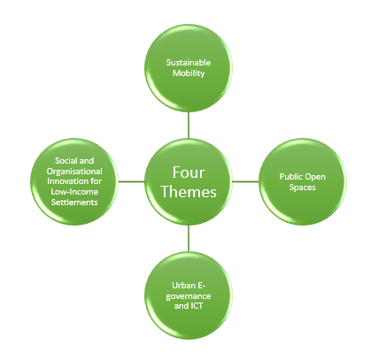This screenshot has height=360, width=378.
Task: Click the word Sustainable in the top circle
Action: tap(189, 63)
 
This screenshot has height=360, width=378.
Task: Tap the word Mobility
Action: tap(189, 73)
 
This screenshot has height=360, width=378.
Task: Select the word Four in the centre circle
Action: tap(189, 172)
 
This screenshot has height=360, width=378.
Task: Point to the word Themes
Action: tap(189, 192)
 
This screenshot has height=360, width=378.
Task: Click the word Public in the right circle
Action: tap(288, 177)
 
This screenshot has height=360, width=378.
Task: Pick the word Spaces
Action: tap(303, 188)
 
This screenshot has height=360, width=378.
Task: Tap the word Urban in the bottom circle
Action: tap(180, 286)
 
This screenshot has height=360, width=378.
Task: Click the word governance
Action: tap(189, 296)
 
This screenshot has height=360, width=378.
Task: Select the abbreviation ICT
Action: tap(197, 306)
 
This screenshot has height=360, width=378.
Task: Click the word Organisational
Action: tap(74, 172)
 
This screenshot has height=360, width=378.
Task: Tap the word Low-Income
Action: tap(74, 192)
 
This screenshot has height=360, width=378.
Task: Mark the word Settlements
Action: tap(74, 203)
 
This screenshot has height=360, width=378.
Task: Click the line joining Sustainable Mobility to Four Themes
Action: tap(189, 125)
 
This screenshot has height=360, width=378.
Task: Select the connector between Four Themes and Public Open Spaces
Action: tap(245, 181)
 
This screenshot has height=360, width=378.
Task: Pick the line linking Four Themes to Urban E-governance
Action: tap(189, 238)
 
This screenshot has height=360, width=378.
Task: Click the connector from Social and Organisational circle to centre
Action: tap(131, 181)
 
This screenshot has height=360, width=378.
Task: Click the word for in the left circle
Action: tap(95, 181)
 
